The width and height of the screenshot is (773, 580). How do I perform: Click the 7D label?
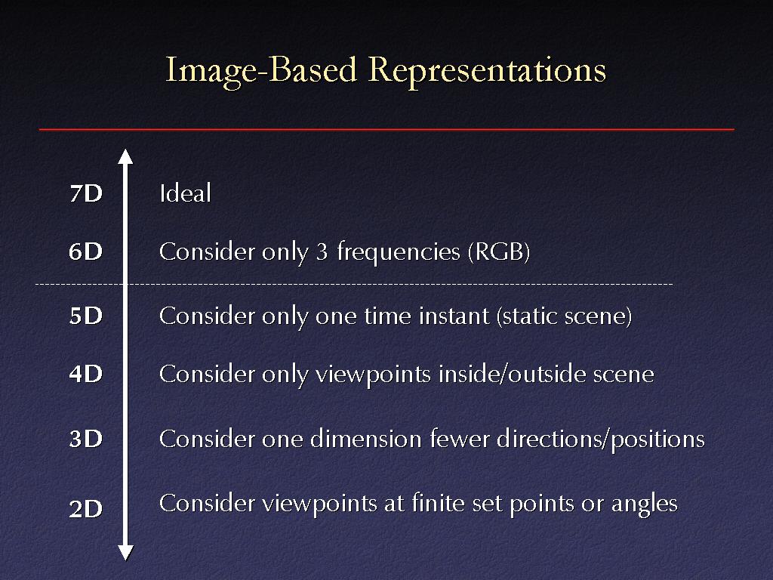point(86,193)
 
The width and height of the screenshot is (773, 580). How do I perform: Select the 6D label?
point(86,251)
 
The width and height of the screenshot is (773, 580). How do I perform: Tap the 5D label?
point(86,316)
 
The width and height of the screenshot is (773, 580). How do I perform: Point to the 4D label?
point(86,374)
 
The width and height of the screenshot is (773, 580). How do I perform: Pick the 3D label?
point(86,439)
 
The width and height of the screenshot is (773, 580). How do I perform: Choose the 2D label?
point(86,508)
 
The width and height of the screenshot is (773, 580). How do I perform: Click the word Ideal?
point(186,193)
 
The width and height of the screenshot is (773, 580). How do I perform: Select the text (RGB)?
point(499,251)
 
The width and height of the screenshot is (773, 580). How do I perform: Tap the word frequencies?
point(399,252)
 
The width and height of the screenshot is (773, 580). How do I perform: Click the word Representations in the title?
point(487,70)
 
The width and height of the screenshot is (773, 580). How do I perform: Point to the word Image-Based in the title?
point(260,71)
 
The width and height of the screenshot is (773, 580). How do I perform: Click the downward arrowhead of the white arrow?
point(126,553)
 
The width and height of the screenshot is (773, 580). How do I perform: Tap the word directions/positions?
point(600,440)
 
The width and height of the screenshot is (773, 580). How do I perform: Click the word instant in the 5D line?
point(454,316)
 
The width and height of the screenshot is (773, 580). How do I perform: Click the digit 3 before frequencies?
point(322,252)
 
